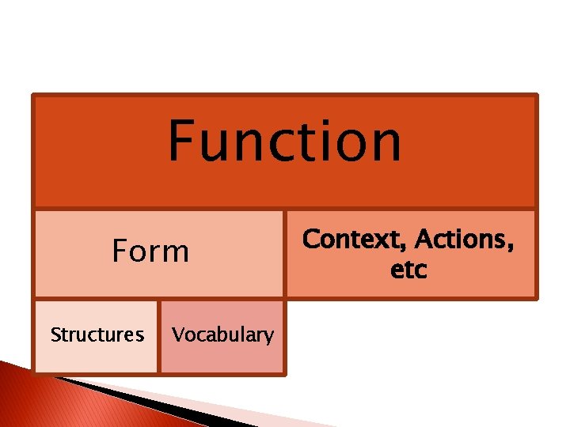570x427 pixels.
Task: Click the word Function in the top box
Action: (x=284, y=141)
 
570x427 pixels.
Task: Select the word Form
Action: (x=150, y=251)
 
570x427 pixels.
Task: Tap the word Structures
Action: (x=97, y=335)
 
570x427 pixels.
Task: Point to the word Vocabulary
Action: (x=223, y=335)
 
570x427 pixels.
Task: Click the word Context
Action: (x=353, y=239)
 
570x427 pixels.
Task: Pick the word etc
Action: (x=408, y=270)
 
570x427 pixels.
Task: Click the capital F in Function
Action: (x=181, y=141)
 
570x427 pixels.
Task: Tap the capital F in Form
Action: (x=120, y=251)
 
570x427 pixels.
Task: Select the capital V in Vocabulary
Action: (x=178, y=334)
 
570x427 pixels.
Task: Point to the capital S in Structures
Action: (x=55, y=335)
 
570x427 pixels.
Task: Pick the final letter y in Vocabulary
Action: (x=268, y=337)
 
